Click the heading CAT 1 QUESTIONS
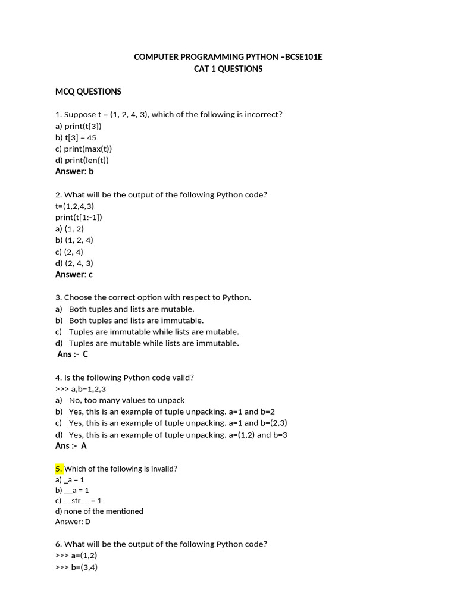click(x=228, y=69)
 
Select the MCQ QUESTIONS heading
click(x=88, y=92)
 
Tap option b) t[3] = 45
click(x=76, y=137)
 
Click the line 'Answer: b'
click(x=74, y=171)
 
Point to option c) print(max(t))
click(x=83, y=149)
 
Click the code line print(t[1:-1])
click(x=79, y=217)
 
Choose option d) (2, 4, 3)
click(x=74, y=263)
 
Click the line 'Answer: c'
click(x=74, y=274)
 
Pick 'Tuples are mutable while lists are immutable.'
click(x=154, y=343)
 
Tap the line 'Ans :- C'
click(x=73, y=354)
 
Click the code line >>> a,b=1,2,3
click(x=80, y=389)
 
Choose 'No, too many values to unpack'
click(x=127, y=400)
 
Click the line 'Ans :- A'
click(x=71, y=446)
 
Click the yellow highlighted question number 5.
click(x=59, y=469)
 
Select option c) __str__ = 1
click(x=78, y=501)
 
